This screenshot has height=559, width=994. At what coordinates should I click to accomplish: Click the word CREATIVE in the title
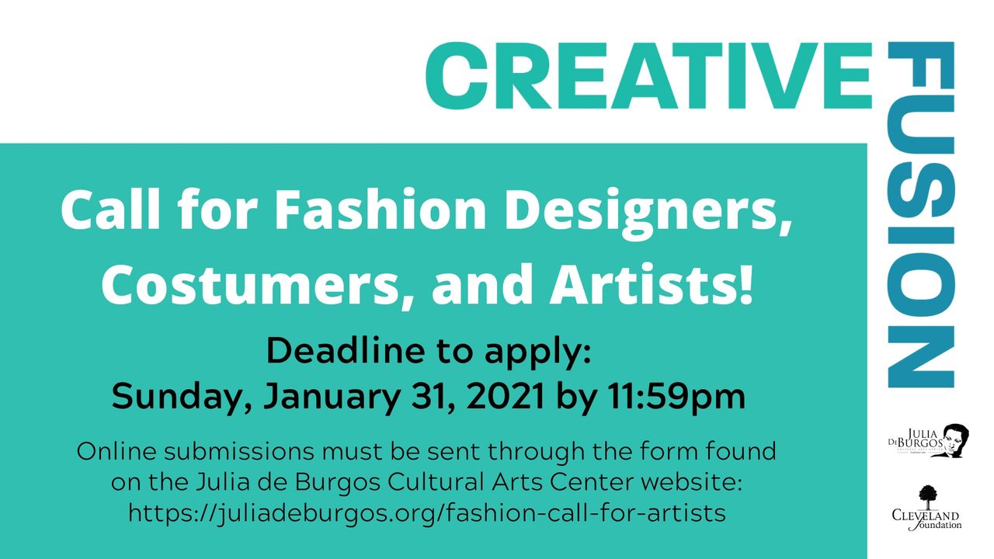648,75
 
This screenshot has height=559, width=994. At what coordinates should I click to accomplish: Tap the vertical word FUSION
921,215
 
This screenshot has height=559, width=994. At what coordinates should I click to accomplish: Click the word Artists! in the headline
652,284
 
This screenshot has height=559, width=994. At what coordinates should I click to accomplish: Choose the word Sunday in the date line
182,397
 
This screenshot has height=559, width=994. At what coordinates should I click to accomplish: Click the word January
332,397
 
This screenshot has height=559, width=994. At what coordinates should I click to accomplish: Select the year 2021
505,395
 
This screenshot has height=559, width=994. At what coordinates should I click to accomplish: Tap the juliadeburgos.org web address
427,514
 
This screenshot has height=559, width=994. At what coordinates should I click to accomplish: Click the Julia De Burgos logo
928,440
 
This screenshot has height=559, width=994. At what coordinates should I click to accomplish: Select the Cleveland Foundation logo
926,508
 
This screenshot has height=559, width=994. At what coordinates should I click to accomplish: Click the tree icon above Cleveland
928,496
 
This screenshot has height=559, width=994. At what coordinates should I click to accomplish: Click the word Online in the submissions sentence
116,452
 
